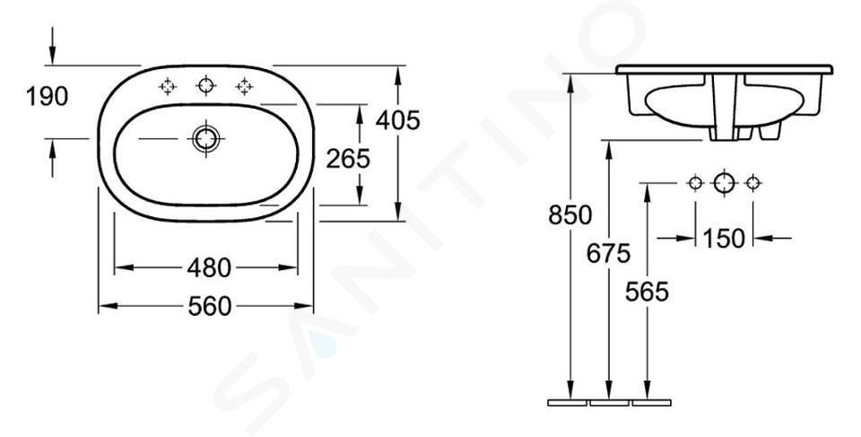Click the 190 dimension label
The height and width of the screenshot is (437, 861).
point(48,97)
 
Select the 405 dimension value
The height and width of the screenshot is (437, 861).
point(397,120)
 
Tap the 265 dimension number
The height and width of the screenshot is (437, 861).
point(348,159)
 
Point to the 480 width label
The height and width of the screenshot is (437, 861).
point(209,267)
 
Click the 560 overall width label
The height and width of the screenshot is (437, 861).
point(210,306)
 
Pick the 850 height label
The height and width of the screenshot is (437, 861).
point(570,215)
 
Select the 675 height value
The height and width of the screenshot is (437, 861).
point(608,253)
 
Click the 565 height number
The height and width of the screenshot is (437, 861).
point(647,292)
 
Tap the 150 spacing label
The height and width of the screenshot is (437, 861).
point(724,238)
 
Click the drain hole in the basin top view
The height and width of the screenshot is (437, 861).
point(206,138)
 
